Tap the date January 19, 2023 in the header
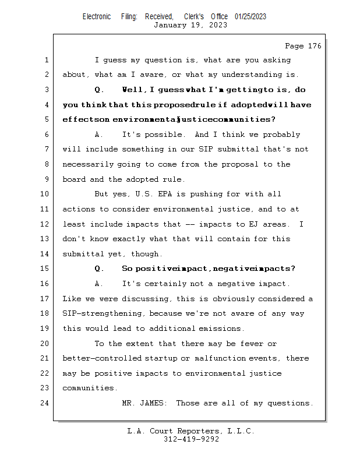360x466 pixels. coord(182,25)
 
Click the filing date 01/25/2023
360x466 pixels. coord(250,16)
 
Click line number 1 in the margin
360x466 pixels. coord(47,60)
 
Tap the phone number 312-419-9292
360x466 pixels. coord(191,439)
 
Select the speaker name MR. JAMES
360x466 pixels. coord(143,403)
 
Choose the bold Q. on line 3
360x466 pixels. coord(99,90)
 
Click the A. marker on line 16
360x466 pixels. coord(99,284)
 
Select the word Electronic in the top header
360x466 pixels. coord(97,16)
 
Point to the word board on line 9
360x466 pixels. coord(74,179)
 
